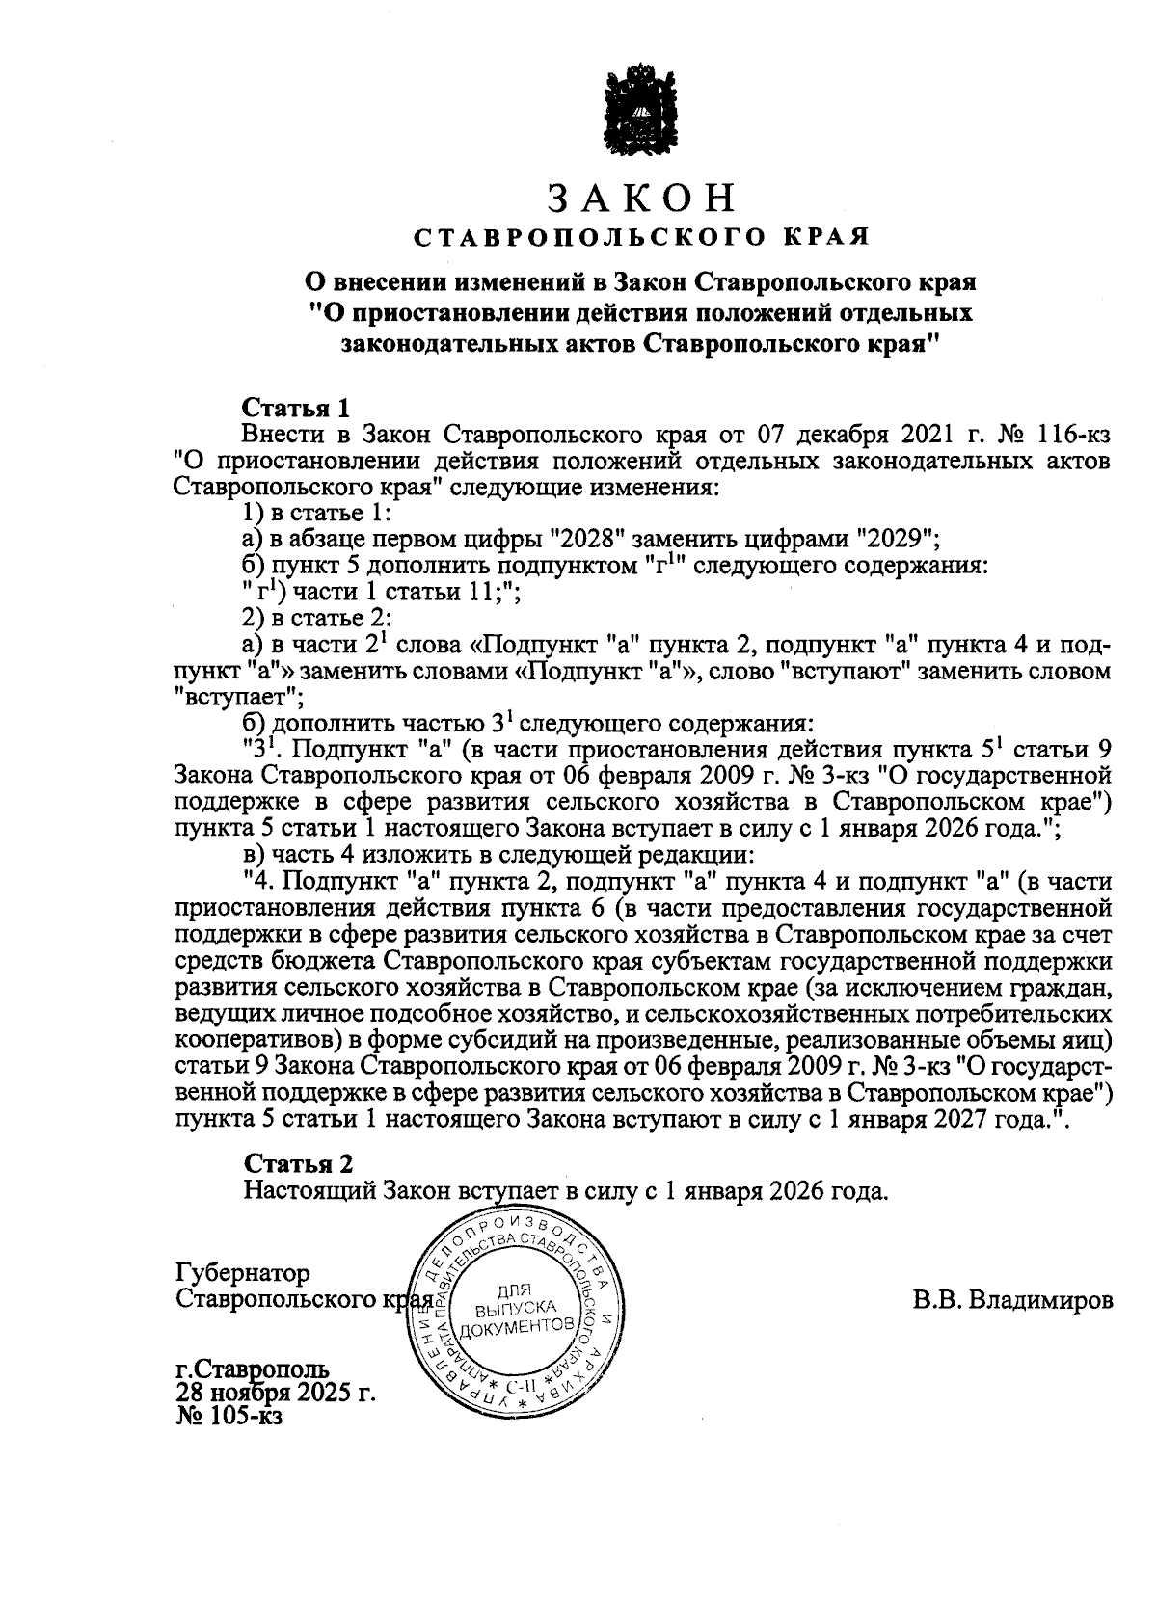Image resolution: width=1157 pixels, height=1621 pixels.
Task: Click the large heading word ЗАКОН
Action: (x=642, y=198)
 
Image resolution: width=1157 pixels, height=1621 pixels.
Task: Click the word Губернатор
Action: (x=243, y=1273)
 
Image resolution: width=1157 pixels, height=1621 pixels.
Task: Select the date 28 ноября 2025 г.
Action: (x=275, y=1393)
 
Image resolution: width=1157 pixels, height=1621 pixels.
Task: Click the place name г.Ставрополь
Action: (x=253, y=1369)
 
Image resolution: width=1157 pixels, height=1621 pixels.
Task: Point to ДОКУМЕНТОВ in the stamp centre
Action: (x=518, y=1329)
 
